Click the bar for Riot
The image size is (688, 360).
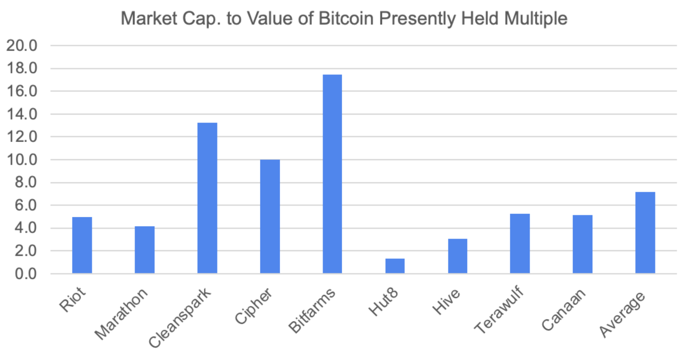click(x=82, y=245)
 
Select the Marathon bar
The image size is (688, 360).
click(x=145, y=250)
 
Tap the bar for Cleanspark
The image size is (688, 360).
click(x=207, y=198)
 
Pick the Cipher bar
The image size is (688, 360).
click(x=270, y=216)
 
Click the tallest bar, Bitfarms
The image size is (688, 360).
click(x=332, y=174)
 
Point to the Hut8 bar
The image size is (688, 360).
click(x=395, y=266)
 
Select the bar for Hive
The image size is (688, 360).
click(x=458, y=256)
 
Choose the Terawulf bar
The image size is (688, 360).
click(x=520, y=243)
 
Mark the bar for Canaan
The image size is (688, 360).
click(x=582, y=244)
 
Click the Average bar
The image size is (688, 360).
click(x=645, y=233)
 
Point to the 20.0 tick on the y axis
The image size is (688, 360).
click(x=22, y=46)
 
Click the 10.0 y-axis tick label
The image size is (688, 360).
click(x=22, y=160)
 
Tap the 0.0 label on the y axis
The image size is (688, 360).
click(x=26, y=274)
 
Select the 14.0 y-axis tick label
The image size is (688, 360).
click(x=22, y=114)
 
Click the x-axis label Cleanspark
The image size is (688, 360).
click(x=180, y=317)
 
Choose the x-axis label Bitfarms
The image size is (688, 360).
click(x=311, y=310)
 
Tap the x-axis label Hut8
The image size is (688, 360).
click(x=383, y=302)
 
